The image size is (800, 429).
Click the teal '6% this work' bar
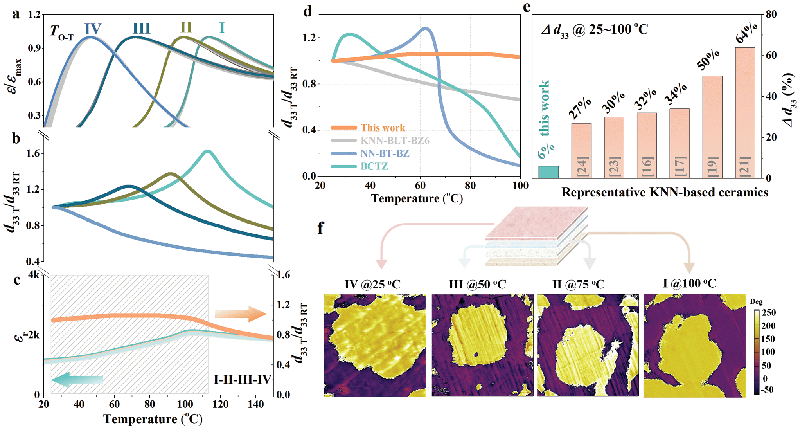point(548,172)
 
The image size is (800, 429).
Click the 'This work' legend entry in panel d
point(382,128)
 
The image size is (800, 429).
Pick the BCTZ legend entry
point(374,166)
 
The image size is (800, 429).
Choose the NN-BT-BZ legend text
point(385,153)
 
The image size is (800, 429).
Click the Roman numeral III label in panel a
point(141,29)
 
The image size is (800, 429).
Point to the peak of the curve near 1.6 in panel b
point(207,151)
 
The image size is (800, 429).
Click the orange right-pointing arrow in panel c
point(241,314)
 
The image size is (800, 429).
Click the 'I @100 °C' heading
point(689,283)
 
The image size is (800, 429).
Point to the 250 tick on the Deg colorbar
point(769,313)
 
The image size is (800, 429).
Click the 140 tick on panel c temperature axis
point(255,404)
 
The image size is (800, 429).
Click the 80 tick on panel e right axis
point(771,14)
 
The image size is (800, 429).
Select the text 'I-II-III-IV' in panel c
point(242,379)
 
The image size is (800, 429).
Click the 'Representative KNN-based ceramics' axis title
point(665,192)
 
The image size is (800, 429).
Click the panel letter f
point(320,228)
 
